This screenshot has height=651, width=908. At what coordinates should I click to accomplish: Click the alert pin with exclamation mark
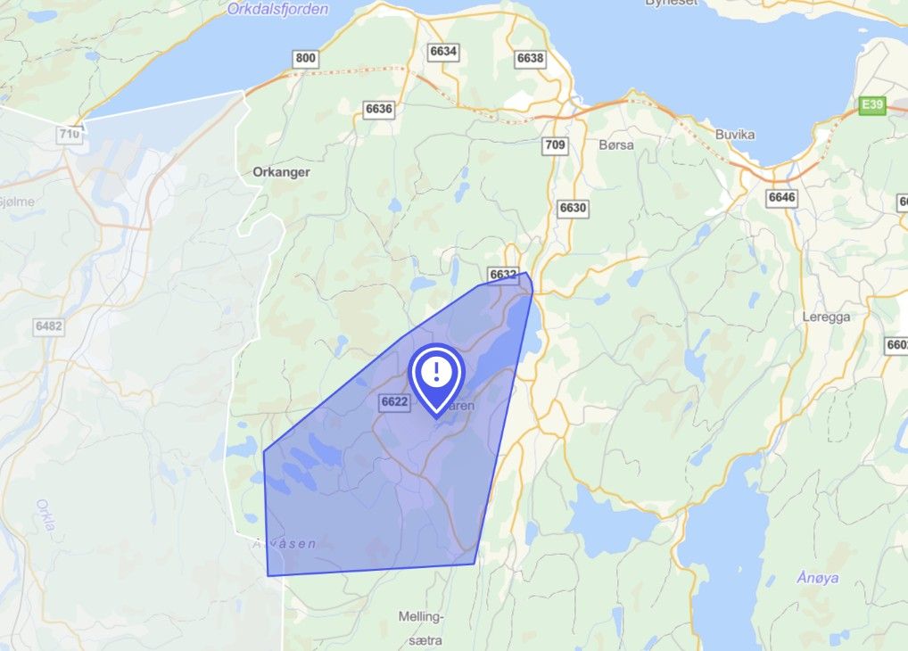(435, 375)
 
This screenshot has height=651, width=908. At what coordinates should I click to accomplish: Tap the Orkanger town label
(281, 172)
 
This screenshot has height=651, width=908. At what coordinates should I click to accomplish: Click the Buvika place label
(735, 135)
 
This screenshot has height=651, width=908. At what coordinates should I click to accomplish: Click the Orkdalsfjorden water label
(277, 10)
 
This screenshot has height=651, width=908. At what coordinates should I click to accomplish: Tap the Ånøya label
(817, 578)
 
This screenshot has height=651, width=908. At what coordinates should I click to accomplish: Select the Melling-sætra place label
(420, 623)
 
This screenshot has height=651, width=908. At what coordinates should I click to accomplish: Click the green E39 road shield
(871, 106)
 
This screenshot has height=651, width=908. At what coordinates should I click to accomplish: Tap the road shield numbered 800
(305, 59)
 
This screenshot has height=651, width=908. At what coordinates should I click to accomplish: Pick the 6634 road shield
(442, 51)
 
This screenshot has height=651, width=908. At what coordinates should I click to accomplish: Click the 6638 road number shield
(530, 58)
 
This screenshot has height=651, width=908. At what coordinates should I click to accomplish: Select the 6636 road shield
(379, 108)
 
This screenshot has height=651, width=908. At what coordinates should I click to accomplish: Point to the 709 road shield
(554, 144)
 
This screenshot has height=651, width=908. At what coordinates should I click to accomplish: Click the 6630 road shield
(574, 208)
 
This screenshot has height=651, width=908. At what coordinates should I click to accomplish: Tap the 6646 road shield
(781, 196)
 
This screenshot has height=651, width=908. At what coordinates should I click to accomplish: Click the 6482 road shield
(48, 326)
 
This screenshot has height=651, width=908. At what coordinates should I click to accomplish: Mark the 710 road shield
(69, 135)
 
